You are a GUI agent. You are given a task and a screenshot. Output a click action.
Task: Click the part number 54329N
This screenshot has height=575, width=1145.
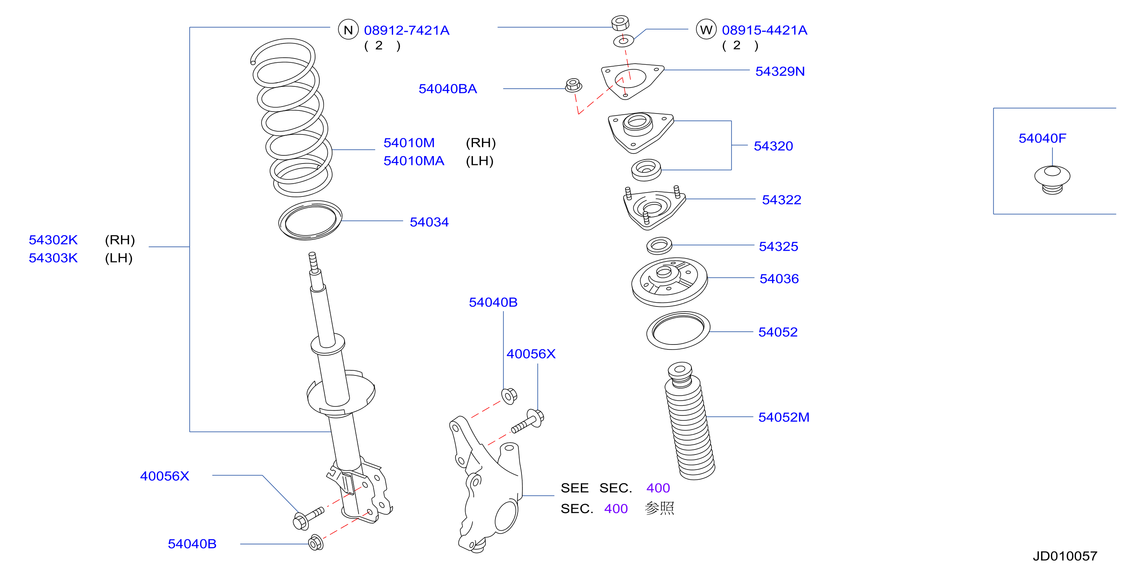(780, 71)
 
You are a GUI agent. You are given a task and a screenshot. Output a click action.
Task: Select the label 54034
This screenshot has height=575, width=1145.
(429, 222)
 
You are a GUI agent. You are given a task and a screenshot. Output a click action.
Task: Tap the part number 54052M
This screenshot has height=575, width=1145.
(784, 417)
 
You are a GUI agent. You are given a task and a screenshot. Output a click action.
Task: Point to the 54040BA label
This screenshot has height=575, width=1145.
(448, 89)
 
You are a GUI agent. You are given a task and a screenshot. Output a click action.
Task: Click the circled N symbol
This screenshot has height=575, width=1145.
(348, 30)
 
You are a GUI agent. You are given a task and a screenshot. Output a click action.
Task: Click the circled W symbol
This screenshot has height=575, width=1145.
(706, 29)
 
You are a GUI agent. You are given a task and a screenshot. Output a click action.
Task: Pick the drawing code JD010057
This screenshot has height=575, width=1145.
(1065, 556)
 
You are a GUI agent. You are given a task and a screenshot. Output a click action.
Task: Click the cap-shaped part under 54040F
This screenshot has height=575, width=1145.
(1052, 180)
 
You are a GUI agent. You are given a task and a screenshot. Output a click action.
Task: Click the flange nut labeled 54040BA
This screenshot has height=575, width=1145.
(573, 85)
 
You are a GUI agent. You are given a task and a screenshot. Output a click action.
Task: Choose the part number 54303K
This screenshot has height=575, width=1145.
(53, 258)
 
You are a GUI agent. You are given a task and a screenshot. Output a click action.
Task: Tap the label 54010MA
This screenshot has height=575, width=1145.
(414, 161)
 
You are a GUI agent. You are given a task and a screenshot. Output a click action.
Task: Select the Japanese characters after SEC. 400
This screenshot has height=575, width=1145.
(660, 508)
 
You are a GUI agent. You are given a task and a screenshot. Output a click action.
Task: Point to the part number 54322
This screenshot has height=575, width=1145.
(781, 200)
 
